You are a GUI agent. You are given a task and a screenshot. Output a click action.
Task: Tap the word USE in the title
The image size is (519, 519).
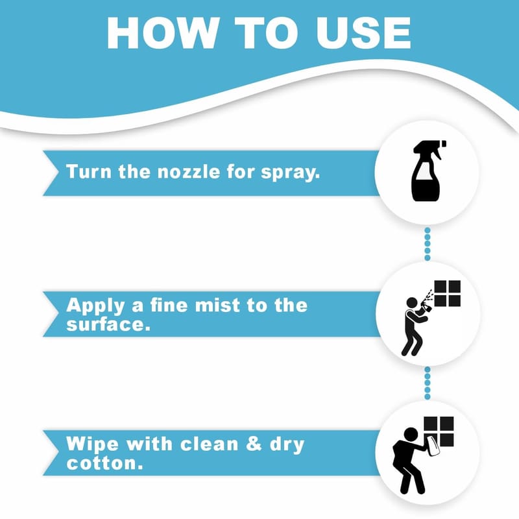[363, 33]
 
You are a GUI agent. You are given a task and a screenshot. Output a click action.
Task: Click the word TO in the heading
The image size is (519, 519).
[267, 33]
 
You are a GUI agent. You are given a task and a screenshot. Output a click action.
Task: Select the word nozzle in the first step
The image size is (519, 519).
[189, 171]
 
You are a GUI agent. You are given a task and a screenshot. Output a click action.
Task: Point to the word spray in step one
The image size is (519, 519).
[290, 173]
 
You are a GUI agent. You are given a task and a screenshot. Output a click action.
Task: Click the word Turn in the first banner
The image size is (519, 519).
[89, 171]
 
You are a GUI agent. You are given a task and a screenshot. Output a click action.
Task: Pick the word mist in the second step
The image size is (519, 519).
[217, 305]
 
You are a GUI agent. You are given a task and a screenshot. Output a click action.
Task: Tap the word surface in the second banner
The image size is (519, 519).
[108, 324]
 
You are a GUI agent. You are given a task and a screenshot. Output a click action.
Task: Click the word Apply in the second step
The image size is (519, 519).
[95, 306]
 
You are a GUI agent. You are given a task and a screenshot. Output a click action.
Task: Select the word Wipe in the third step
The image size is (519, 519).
[92, 444]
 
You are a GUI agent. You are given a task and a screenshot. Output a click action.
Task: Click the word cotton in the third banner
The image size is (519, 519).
[104, 463]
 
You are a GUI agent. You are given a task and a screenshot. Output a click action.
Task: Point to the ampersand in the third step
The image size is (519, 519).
[254, 444]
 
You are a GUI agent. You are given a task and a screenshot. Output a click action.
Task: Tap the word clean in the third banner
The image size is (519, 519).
[209, 444]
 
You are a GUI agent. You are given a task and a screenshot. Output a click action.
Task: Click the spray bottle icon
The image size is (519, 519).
[427, 171]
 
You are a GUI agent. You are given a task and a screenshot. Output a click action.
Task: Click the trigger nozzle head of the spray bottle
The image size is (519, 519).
[430, 148]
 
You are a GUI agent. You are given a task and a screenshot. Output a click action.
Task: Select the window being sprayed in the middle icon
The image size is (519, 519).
[447, 293]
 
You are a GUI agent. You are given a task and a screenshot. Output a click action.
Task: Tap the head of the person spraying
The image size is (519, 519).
[412, 303]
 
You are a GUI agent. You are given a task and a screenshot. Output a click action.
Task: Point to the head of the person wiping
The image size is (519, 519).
[411, 434]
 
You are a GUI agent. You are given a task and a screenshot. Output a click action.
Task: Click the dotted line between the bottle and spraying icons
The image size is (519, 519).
[428, 244]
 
